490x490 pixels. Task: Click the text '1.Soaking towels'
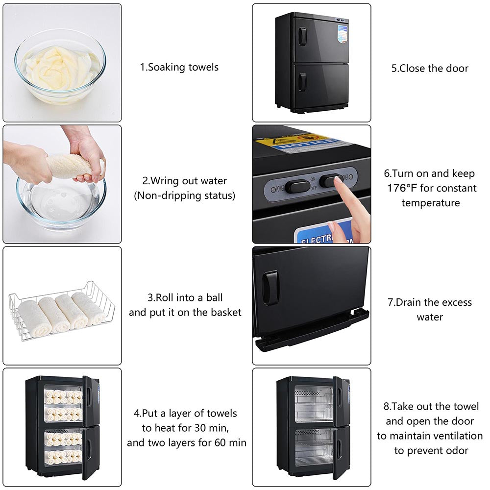click(179, 67)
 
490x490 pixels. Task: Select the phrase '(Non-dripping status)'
click(185, 196)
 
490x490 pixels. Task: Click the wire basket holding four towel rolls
click(62, 309)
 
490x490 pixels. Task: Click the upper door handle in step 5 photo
click(303, 37)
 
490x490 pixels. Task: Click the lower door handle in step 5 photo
click(303, 82)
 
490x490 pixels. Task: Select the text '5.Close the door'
click(430, 68)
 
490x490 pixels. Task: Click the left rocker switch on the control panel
click(297, 186)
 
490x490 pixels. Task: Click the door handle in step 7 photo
click(271, 288)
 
